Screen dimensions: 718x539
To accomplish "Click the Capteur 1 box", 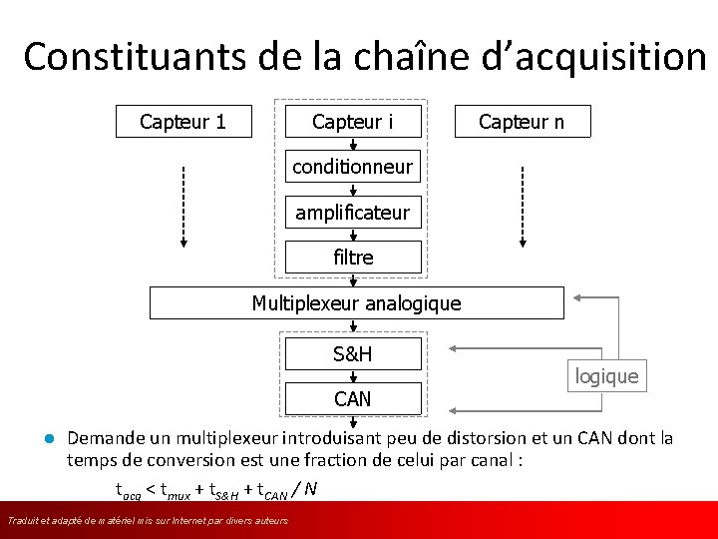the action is click(x=182, y=122).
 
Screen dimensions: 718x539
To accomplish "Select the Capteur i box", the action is click(x=352, y=122).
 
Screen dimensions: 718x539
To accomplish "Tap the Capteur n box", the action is click(x=522, y=122).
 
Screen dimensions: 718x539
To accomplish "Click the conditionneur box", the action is click(x=352, y=167).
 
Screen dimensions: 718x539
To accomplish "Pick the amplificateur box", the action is click(x=352, y=213).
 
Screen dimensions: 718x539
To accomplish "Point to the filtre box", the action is click(x=352, y=257).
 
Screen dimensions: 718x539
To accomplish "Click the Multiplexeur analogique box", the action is click(x=356, y=302).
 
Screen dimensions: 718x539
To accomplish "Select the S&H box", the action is click(x=352, y=354).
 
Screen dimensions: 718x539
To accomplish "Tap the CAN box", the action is click(x=352, y=399).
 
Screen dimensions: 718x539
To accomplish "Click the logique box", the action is click(x=606, y=376).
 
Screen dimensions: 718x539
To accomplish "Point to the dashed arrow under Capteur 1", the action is click(x=182, y=205).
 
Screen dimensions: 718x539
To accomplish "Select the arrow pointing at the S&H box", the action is click(x=499, y=348).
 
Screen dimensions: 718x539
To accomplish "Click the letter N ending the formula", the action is click(x=311, y=488).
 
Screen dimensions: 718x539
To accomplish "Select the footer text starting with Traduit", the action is click(x=148, y=521).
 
